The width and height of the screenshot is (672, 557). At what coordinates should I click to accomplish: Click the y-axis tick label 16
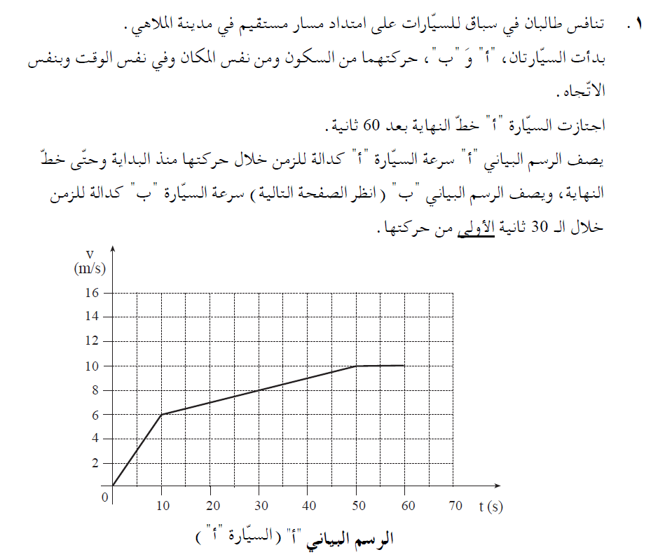(93, 293)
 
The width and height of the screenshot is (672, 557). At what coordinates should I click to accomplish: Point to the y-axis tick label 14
(93, 317)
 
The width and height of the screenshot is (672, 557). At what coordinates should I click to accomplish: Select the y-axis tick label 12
(93, 341)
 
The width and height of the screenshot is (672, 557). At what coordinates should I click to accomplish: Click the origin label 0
(105, 497)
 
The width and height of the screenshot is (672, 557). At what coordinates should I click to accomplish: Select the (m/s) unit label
(88, 268)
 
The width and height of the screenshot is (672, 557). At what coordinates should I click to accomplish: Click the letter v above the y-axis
(90, 253)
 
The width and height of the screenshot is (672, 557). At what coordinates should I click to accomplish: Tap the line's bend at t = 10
(161, 415)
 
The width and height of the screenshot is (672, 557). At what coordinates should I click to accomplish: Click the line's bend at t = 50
(357, 366)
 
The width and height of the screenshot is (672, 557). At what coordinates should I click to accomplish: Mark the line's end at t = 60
(405, 365)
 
